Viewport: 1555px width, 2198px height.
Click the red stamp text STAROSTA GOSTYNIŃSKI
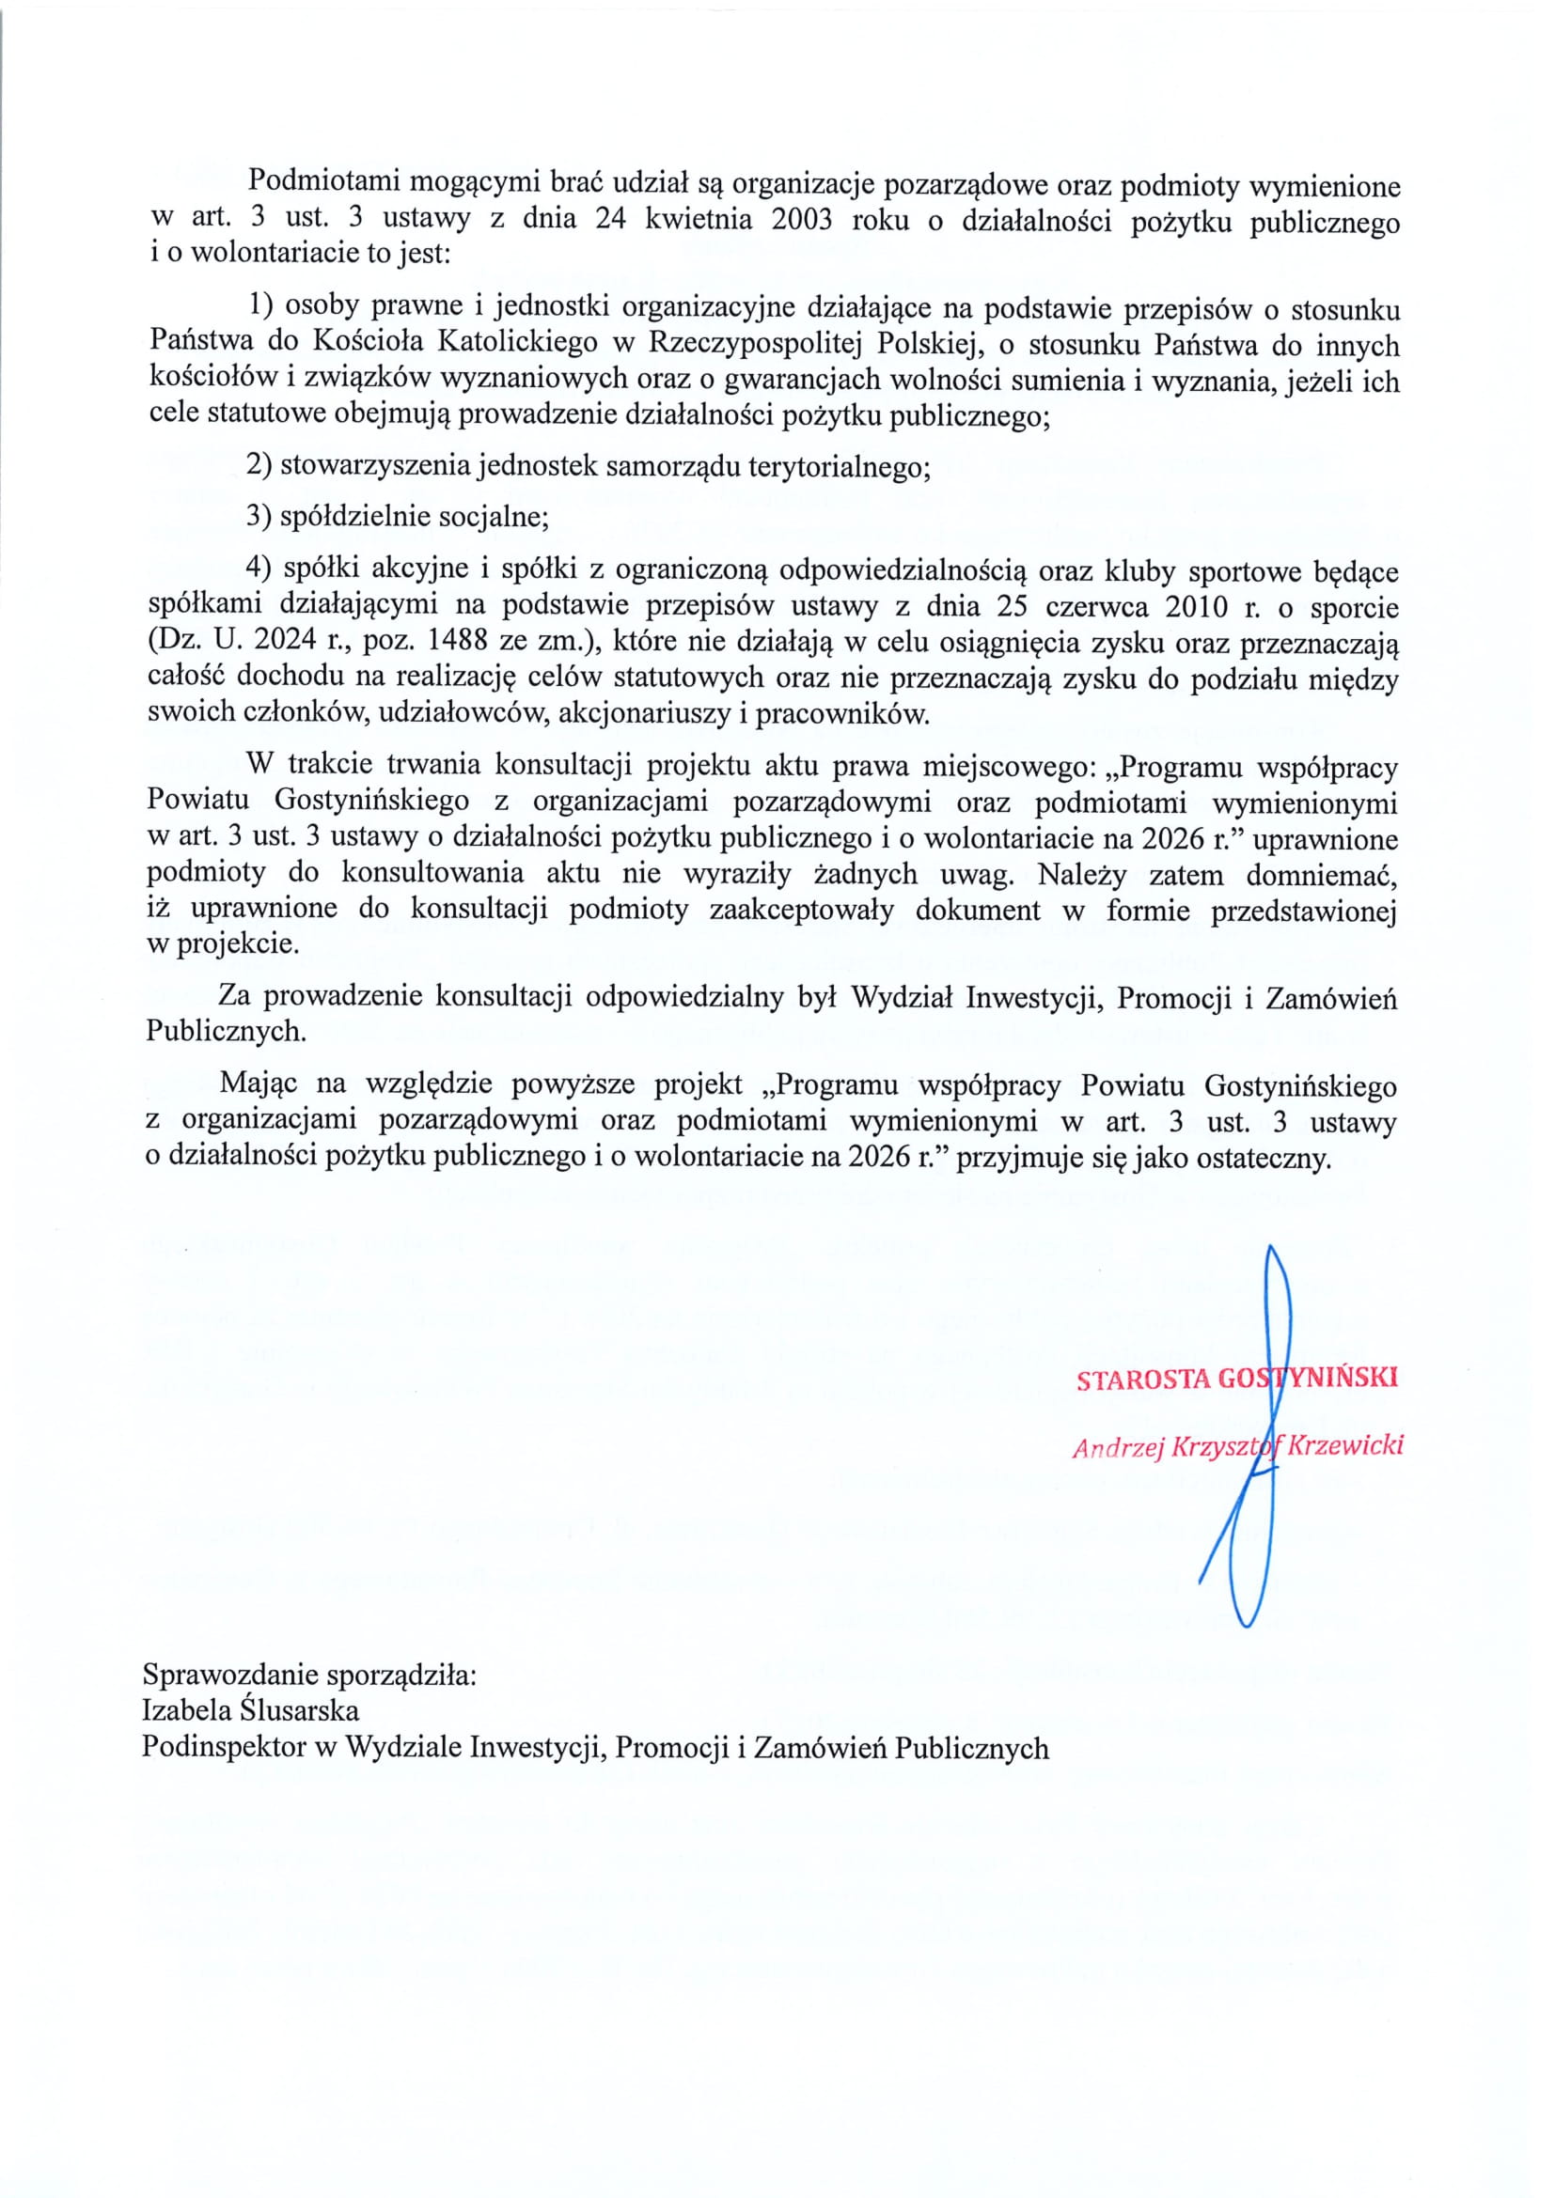pyautogui.click(x=1236, y=1379)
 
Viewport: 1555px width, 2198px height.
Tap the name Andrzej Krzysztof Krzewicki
pyautogui.click(x=1237, y=1446)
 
